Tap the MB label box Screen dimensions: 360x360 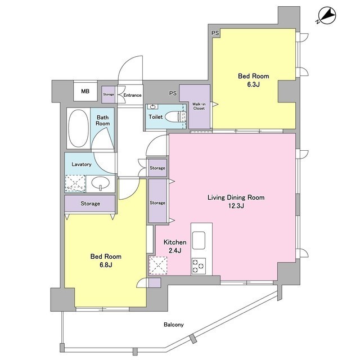point(85,91)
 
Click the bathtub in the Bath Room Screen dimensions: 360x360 point(78,128)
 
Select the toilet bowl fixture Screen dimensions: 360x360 point(179,117)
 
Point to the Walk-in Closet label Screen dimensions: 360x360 point(199,106)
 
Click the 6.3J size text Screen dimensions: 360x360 point(253,85)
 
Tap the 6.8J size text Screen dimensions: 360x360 point(106,265)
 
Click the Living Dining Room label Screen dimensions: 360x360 point(236,197)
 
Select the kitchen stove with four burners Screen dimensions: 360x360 point(198,265)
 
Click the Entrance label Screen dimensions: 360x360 point(132,95)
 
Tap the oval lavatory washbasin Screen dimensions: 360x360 point(100,183)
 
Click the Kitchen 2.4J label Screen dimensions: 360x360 point(172,246)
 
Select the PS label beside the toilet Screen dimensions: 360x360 point(173,93)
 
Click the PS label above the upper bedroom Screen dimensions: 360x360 point(215,34)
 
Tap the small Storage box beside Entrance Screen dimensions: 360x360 point(109,94)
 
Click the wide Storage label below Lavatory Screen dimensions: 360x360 point(89,203)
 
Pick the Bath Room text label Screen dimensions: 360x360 point(102,120)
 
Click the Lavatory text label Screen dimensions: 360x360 point(82,165)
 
